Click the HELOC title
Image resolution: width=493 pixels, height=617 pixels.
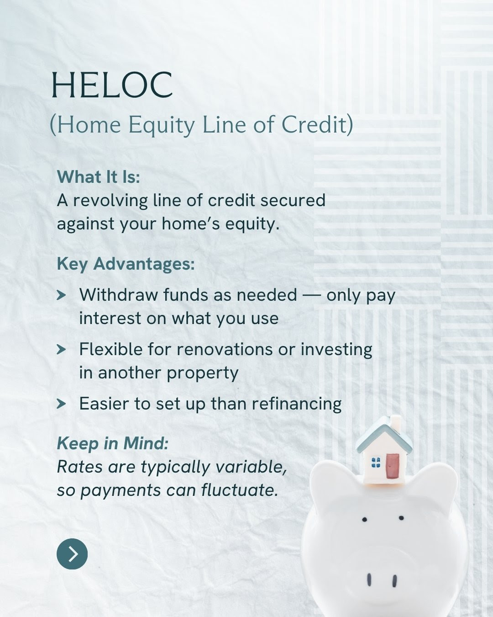pyautogui.click(x=112, y=85)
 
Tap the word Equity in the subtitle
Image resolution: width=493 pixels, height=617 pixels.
pyautogui.click(x=162, y=126)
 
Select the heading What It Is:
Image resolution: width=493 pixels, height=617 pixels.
pyautogui.click(x=99, y=176)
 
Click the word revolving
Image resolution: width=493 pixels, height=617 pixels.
pyautogui.click(x=110, y=200)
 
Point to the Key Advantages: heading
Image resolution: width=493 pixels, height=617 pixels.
pyautogui.click(x=126, y=264)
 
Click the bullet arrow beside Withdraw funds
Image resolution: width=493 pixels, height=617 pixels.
pyautogui.click(x=61, y=295)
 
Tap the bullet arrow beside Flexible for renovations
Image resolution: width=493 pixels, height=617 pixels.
pyautogui.click(x=61, y=350)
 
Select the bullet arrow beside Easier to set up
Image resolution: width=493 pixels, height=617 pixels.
pyautogui.click(x=61, y=404)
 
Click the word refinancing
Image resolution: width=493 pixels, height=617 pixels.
pyautogui.click(x=297, y=404)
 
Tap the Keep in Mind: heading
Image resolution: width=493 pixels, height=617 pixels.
pyautogui.click(x=113, y=443)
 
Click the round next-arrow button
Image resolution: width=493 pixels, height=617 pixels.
pyautogui.click(x=72, y=553)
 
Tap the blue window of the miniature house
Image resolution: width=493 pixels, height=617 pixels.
pyautogui.click(x=376, y=463)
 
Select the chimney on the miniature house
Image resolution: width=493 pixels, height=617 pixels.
pyautogui.click(x=396, y=423)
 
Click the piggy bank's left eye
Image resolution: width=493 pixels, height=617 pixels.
pyautogui.click(x=365, y=520)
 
